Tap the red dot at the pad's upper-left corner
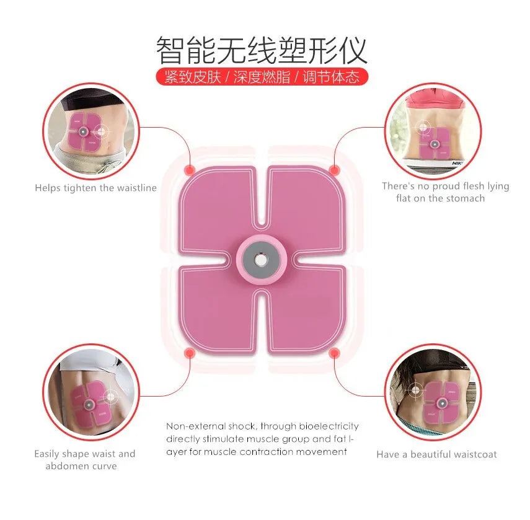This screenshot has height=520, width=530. (190, 170)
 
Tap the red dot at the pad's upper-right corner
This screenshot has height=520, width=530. (334, 170)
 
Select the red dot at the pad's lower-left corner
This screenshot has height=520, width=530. (190, 353)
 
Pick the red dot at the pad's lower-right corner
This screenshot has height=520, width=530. (334, 353)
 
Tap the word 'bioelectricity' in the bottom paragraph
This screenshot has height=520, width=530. (329, 426)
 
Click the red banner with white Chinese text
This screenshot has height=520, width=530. (262, 77)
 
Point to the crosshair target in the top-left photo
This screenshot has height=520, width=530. (100, 131)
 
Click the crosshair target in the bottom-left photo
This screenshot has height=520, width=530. (110, 396)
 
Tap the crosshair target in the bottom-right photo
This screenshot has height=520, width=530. (415, 390)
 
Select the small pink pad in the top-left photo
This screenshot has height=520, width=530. (84, 132)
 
